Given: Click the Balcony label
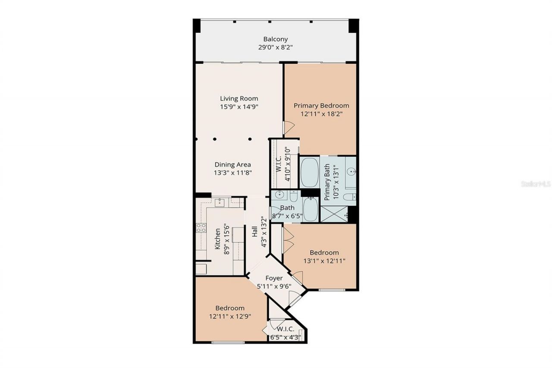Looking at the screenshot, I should point(276,39).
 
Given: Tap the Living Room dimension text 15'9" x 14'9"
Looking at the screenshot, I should point(239,106).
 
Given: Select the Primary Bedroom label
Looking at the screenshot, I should point(321,106).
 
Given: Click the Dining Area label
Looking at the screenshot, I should point(233,164).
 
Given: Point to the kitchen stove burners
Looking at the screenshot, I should point(201,228).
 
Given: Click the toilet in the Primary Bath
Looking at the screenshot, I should point(349,197).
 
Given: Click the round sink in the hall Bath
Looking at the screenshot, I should point(279,195).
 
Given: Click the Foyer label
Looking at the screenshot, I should point(274,278).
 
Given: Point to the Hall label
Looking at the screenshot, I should point(254,233).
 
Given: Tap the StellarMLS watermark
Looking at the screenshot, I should point(536,184).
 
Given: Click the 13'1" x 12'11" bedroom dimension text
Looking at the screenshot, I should point(324,261).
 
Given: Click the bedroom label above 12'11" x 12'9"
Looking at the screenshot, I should point(230,308).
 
